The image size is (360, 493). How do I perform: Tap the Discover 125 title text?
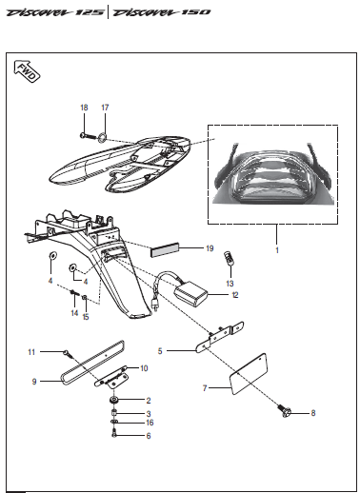click(x=51, y=13)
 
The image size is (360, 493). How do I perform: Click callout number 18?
click(x=83, y=108)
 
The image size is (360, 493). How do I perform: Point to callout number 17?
click(x=105, y=108)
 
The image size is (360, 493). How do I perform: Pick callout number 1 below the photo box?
click(x=276, y=250)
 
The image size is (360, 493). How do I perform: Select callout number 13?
click(x=230, y=284)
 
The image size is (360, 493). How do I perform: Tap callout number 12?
click(x=234, y=295)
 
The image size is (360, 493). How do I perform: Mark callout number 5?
click(x=161, y=350)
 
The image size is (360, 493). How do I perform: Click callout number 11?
click(x=30, y=352)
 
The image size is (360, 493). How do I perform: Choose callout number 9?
click(x=33, y=381)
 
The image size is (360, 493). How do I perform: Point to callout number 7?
click(x=204, y=388)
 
